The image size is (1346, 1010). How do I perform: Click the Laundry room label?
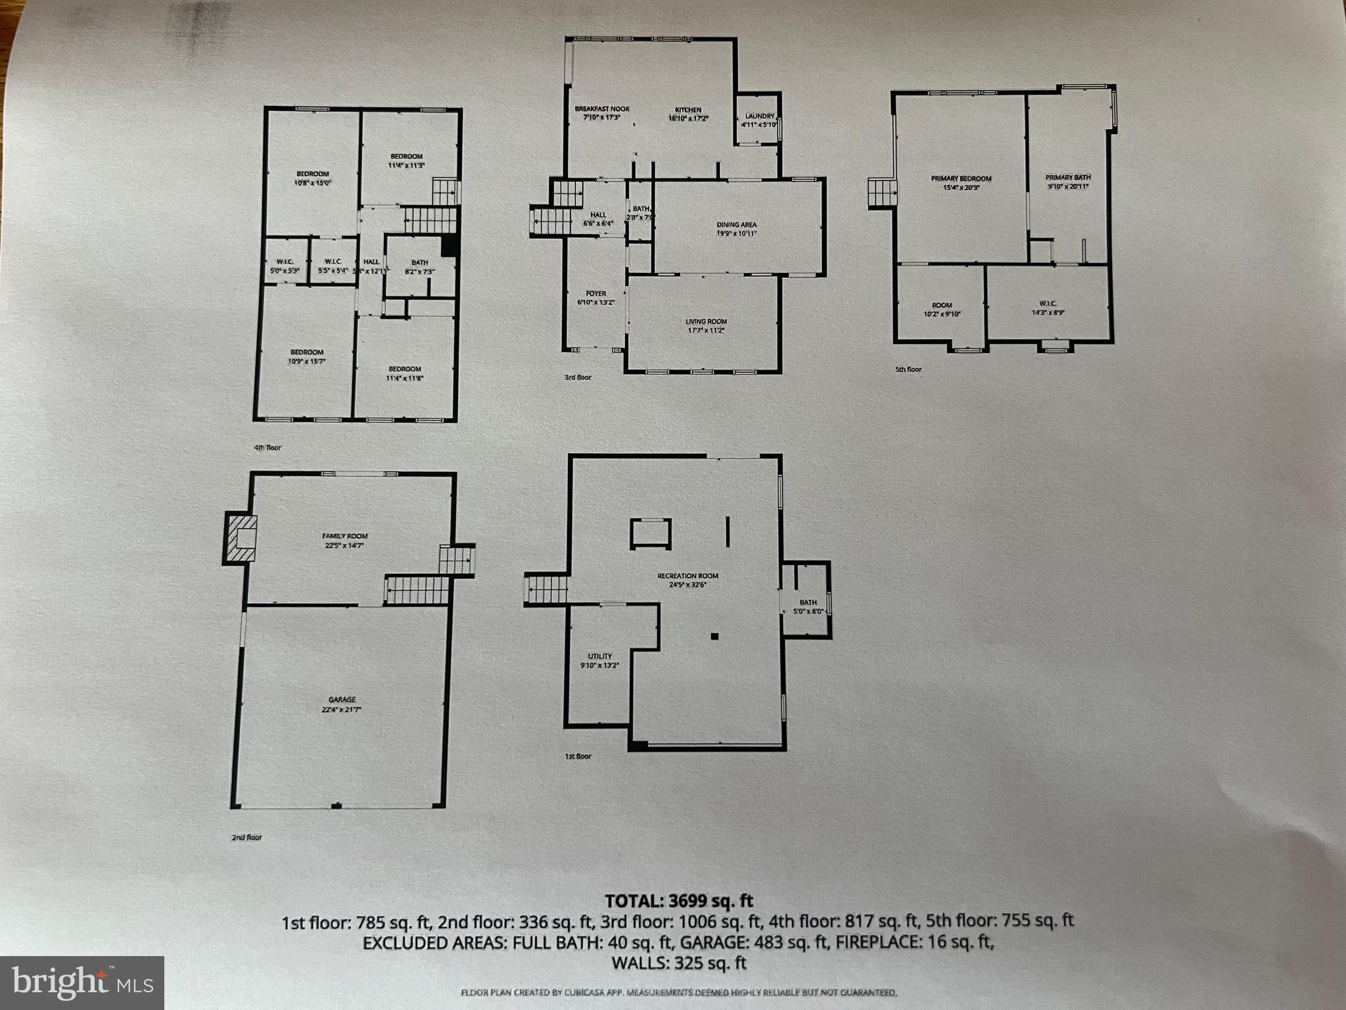(759, 117)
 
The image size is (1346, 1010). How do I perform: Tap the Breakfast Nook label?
(602, 110)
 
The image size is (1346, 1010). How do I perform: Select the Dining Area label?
(736, 225)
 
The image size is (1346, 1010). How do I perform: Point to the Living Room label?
(706, 322)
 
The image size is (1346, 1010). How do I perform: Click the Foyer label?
(596, 294)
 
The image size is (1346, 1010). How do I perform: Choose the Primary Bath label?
(1068, 178)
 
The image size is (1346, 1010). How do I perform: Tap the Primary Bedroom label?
(961, 179)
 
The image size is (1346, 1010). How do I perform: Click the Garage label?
(342, 700)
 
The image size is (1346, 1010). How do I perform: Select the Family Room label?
(344, 537)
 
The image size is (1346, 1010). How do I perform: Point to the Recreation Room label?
(687, 576)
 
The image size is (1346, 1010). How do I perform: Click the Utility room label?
(599, 656)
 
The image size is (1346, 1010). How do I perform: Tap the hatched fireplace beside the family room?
(240, 538)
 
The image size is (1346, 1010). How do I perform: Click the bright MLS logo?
(81, 983)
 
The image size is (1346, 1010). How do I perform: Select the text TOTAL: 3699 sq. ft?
(679, 900)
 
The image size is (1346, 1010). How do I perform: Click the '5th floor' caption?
(909, 370)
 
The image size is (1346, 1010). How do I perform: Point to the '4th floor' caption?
(267, 448)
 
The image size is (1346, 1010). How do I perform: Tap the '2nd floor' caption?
(246, 837)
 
